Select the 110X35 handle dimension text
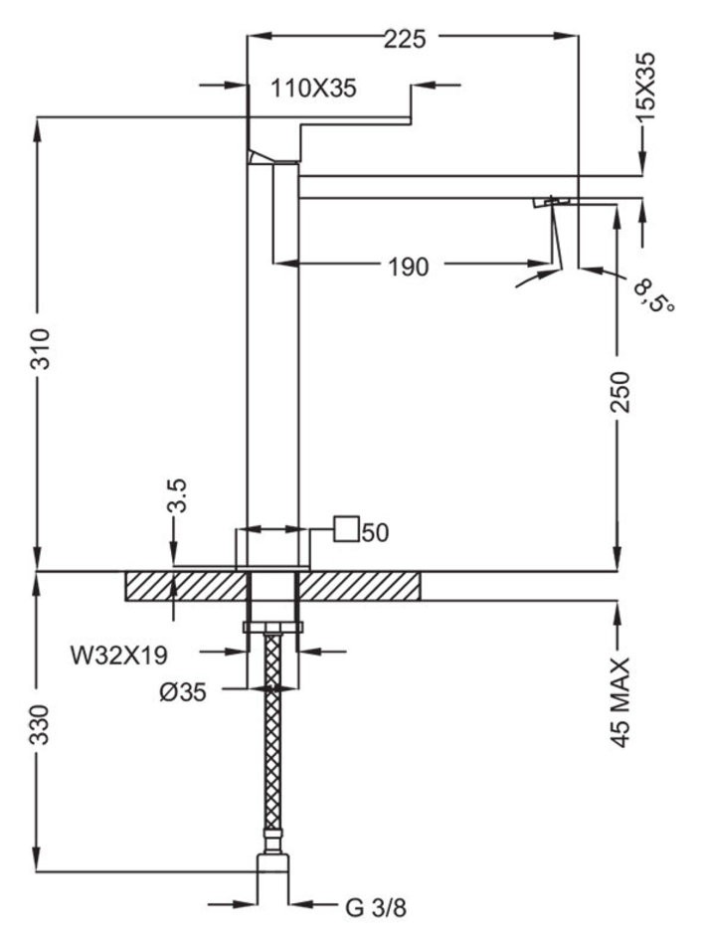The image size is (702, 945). (x=313, y=89)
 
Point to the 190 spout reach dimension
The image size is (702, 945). (x=408, y=267)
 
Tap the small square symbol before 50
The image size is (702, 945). (x=345, y=529)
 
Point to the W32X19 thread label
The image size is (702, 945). (x=118, y=655)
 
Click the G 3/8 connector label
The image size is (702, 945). (x=376, y=906)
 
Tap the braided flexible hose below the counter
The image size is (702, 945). (x=273, y=746)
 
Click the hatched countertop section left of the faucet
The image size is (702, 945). (x=184, y=586)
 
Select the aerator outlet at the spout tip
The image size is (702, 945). (x=551, y=203)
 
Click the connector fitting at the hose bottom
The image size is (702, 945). (x=273, y=863)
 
